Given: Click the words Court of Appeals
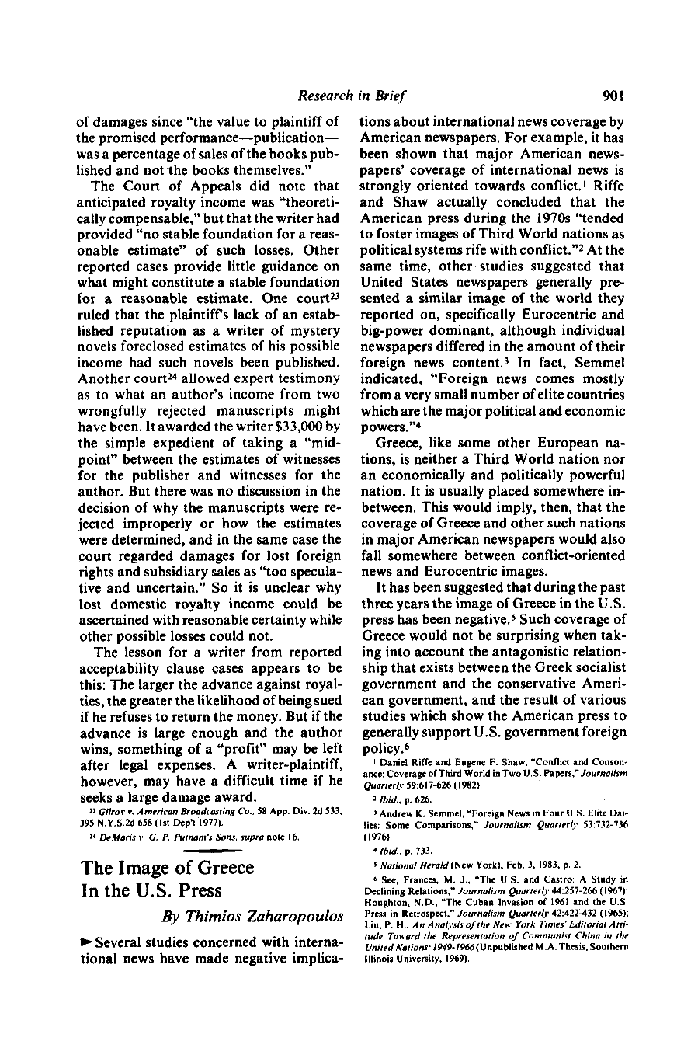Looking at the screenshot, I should click(x=186, y=186).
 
